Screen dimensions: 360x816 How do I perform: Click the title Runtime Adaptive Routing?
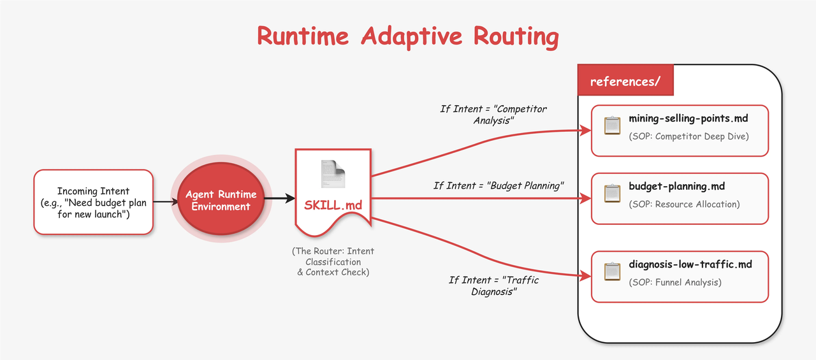coord(407,36)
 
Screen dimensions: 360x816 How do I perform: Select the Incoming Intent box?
coord(94,202)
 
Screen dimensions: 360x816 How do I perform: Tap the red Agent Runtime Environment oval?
coord(221,201)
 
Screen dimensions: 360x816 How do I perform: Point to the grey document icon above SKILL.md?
coord(332,174)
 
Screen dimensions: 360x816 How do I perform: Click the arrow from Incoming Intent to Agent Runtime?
coord(166,201)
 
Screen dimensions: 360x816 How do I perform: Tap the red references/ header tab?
coord(625,82)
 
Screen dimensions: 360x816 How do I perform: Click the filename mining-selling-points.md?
coord(688,119)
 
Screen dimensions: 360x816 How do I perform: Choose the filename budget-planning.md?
coord(676,187)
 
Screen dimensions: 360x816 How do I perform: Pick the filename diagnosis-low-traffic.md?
coord(690,264)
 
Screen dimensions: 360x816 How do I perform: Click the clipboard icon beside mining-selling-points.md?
coord(612,126)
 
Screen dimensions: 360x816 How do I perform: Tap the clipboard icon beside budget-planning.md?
coord(612,194)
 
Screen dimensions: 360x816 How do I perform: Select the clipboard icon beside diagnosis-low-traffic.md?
coord(612,272)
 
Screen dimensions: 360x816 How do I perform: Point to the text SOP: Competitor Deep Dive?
coord(688,136)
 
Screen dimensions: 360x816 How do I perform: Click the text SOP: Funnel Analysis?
coord(675,282)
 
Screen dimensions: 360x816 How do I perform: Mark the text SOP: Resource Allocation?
coord(684,205)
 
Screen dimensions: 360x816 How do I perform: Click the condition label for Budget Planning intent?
coord(500,185)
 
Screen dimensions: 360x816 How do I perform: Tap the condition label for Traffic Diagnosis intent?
coord(493,285)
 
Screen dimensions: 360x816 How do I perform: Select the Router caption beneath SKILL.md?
coord(333,261)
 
